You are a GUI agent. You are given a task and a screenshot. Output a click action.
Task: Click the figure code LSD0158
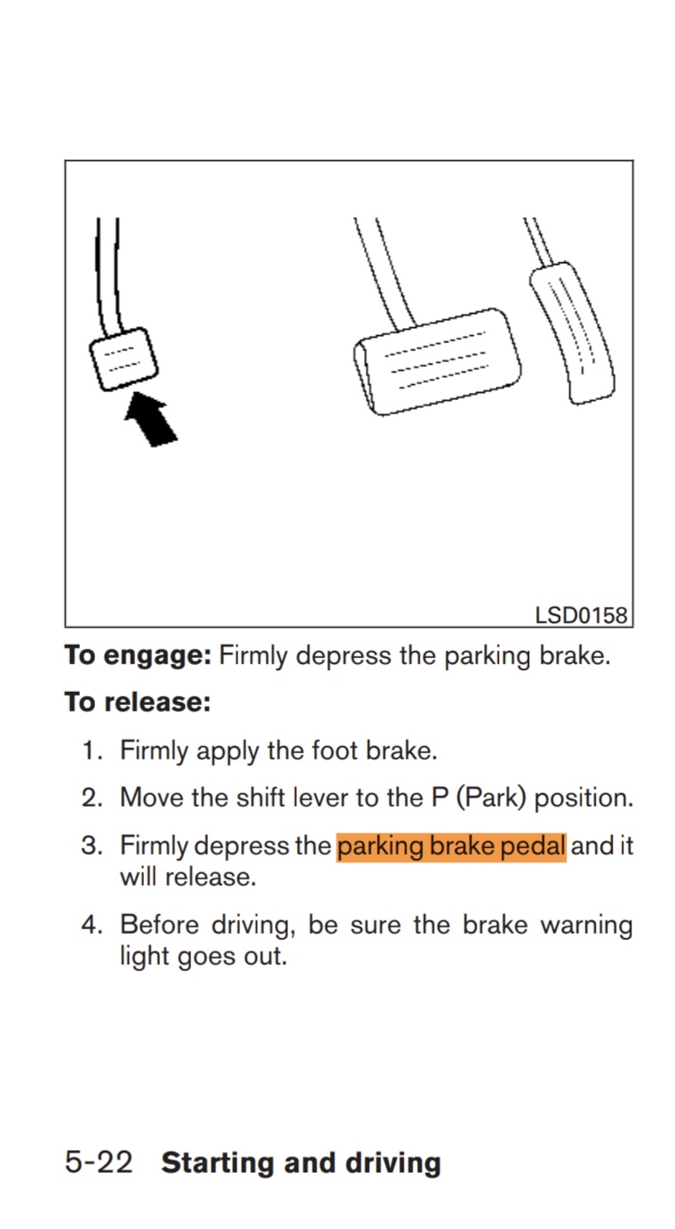pyautogui.click(x=581, y=614)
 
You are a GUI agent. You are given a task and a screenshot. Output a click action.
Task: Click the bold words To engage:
pyautogui.click(x=138, y=656)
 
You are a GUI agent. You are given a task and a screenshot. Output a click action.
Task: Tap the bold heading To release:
pyautogui.click(x=137, y=703)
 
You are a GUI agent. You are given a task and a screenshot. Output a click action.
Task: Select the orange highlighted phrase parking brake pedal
pyautogui.click(x=451, y=845)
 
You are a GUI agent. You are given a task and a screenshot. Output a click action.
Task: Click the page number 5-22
pyautogui.click(x=99, y=1162)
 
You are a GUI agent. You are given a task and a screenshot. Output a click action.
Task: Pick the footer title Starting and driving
pyautogui.click(x=301, y=1162)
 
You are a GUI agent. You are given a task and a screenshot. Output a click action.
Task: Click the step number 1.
pyautogui.click(x=92, y=751)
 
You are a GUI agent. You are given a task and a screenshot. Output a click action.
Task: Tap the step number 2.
pyautogui.click(x=92, y=797)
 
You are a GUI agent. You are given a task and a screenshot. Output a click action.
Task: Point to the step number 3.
pyautogui.click(x=92, y=845)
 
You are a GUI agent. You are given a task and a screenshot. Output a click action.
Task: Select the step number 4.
pyautogui.click(x=92, y=925)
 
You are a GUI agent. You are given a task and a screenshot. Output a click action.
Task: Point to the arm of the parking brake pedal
pyautogui.click(x=108, y=276)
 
